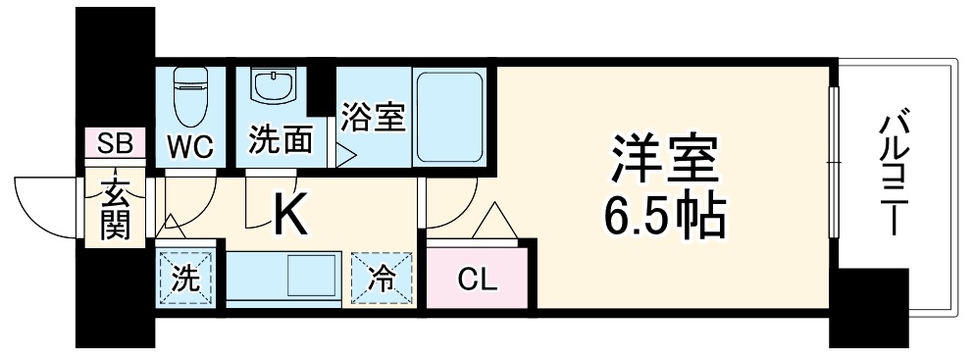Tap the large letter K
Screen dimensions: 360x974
point(290,214)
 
